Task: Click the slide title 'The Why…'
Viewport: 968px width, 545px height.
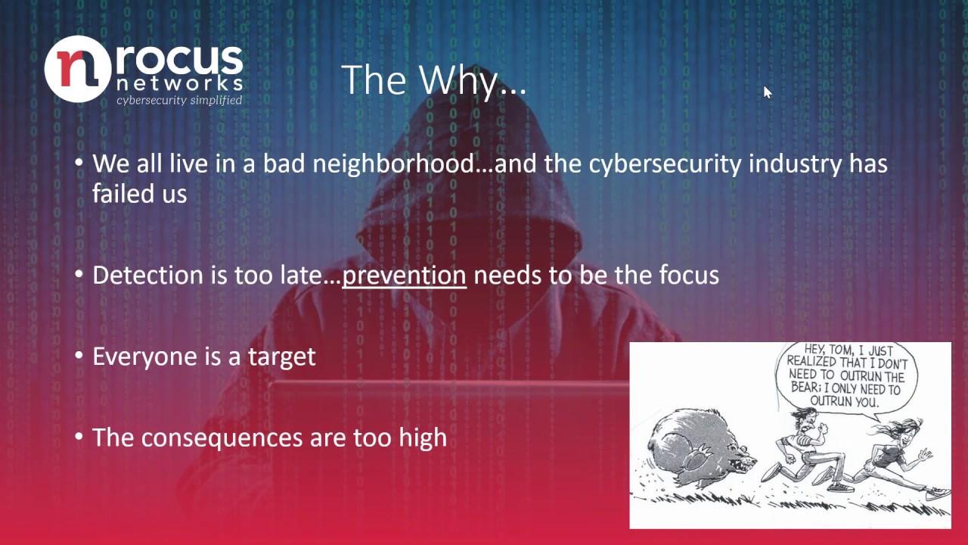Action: click(433, 79)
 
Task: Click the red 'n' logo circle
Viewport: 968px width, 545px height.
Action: click(78, 68)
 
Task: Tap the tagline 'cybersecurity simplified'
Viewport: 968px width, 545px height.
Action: click(179, 100)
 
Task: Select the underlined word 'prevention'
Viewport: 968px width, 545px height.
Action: click(404, 275)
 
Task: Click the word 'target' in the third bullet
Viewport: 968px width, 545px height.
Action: click(281, 357)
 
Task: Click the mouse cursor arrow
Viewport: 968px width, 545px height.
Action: click(767, 92)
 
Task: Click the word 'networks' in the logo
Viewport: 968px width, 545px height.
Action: click(179, 83)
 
